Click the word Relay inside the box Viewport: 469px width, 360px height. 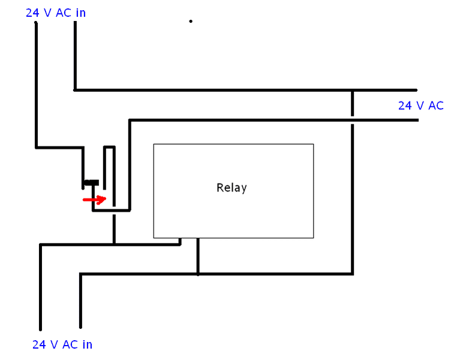coord(232,188)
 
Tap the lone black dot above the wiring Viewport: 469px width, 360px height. coord(191,22)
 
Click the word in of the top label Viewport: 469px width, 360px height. coord(80,13)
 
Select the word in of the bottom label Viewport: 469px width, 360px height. coord(86,345)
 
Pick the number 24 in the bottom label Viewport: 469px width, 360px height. coord(39,345)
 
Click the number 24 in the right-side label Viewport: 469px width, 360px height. coord(405,106)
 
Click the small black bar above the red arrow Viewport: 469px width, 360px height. coord(91,182)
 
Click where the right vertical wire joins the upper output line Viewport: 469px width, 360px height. coord(353,91)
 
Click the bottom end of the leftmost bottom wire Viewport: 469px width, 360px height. coord(41,329)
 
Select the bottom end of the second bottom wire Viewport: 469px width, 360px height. coord(80,329)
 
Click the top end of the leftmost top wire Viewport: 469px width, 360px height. coord(36,23)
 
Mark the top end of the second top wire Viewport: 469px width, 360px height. coord(75,23)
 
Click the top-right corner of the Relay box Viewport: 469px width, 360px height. coord(313,144)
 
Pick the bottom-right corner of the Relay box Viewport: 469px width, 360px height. coord(313,238)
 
